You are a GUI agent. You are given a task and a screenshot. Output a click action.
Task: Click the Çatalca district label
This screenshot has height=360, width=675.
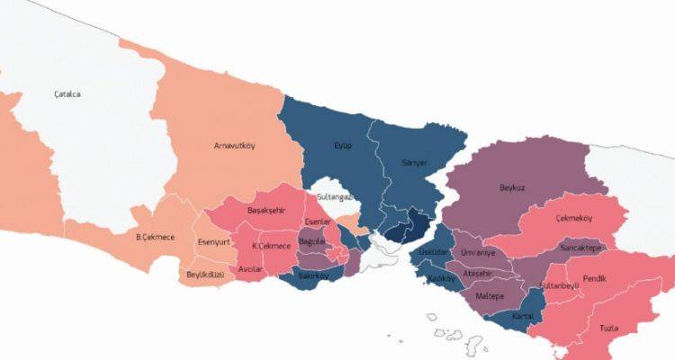click(x=67, y=94)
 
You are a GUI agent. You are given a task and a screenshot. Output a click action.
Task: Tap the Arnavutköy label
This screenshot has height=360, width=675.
click(x=231, y=146)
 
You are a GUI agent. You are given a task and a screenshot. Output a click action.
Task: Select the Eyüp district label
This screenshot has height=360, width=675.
click(x=343, y=145)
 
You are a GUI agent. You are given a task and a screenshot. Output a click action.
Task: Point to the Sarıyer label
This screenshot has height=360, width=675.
click(x=413, y=163)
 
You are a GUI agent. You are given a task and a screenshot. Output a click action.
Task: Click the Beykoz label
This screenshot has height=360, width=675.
click(x=512, y=188)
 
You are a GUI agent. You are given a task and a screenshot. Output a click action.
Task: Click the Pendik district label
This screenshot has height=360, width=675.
click(x=595, y=279)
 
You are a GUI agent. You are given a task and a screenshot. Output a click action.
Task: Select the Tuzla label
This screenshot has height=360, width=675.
click(x=608, y=328)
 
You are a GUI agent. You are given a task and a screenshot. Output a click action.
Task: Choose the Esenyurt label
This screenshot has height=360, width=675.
click(x=215, y=242)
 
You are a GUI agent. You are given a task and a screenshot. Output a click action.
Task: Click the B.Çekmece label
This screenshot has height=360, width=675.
click(x=155, y=238)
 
